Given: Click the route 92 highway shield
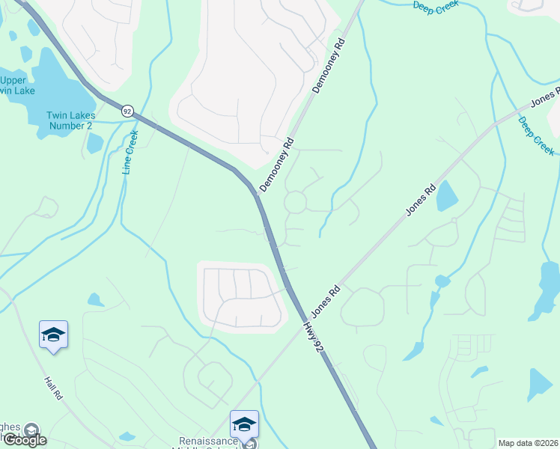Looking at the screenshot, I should [127, 111].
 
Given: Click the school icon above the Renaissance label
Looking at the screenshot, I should [244, 424].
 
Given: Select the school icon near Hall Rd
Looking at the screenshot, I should [54, 335].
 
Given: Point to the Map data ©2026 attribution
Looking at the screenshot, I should [527, 442].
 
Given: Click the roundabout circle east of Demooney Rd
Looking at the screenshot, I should [294, 201].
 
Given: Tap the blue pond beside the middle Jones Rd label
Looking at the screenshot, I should [446, 196].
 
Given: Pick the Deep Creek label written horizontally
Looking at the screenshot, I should [436, 5].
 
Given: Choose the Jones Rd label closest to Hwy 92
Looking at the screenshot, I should [326, 298].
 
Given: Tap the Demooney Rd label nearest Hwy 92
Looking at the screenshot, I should [276, 164].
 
